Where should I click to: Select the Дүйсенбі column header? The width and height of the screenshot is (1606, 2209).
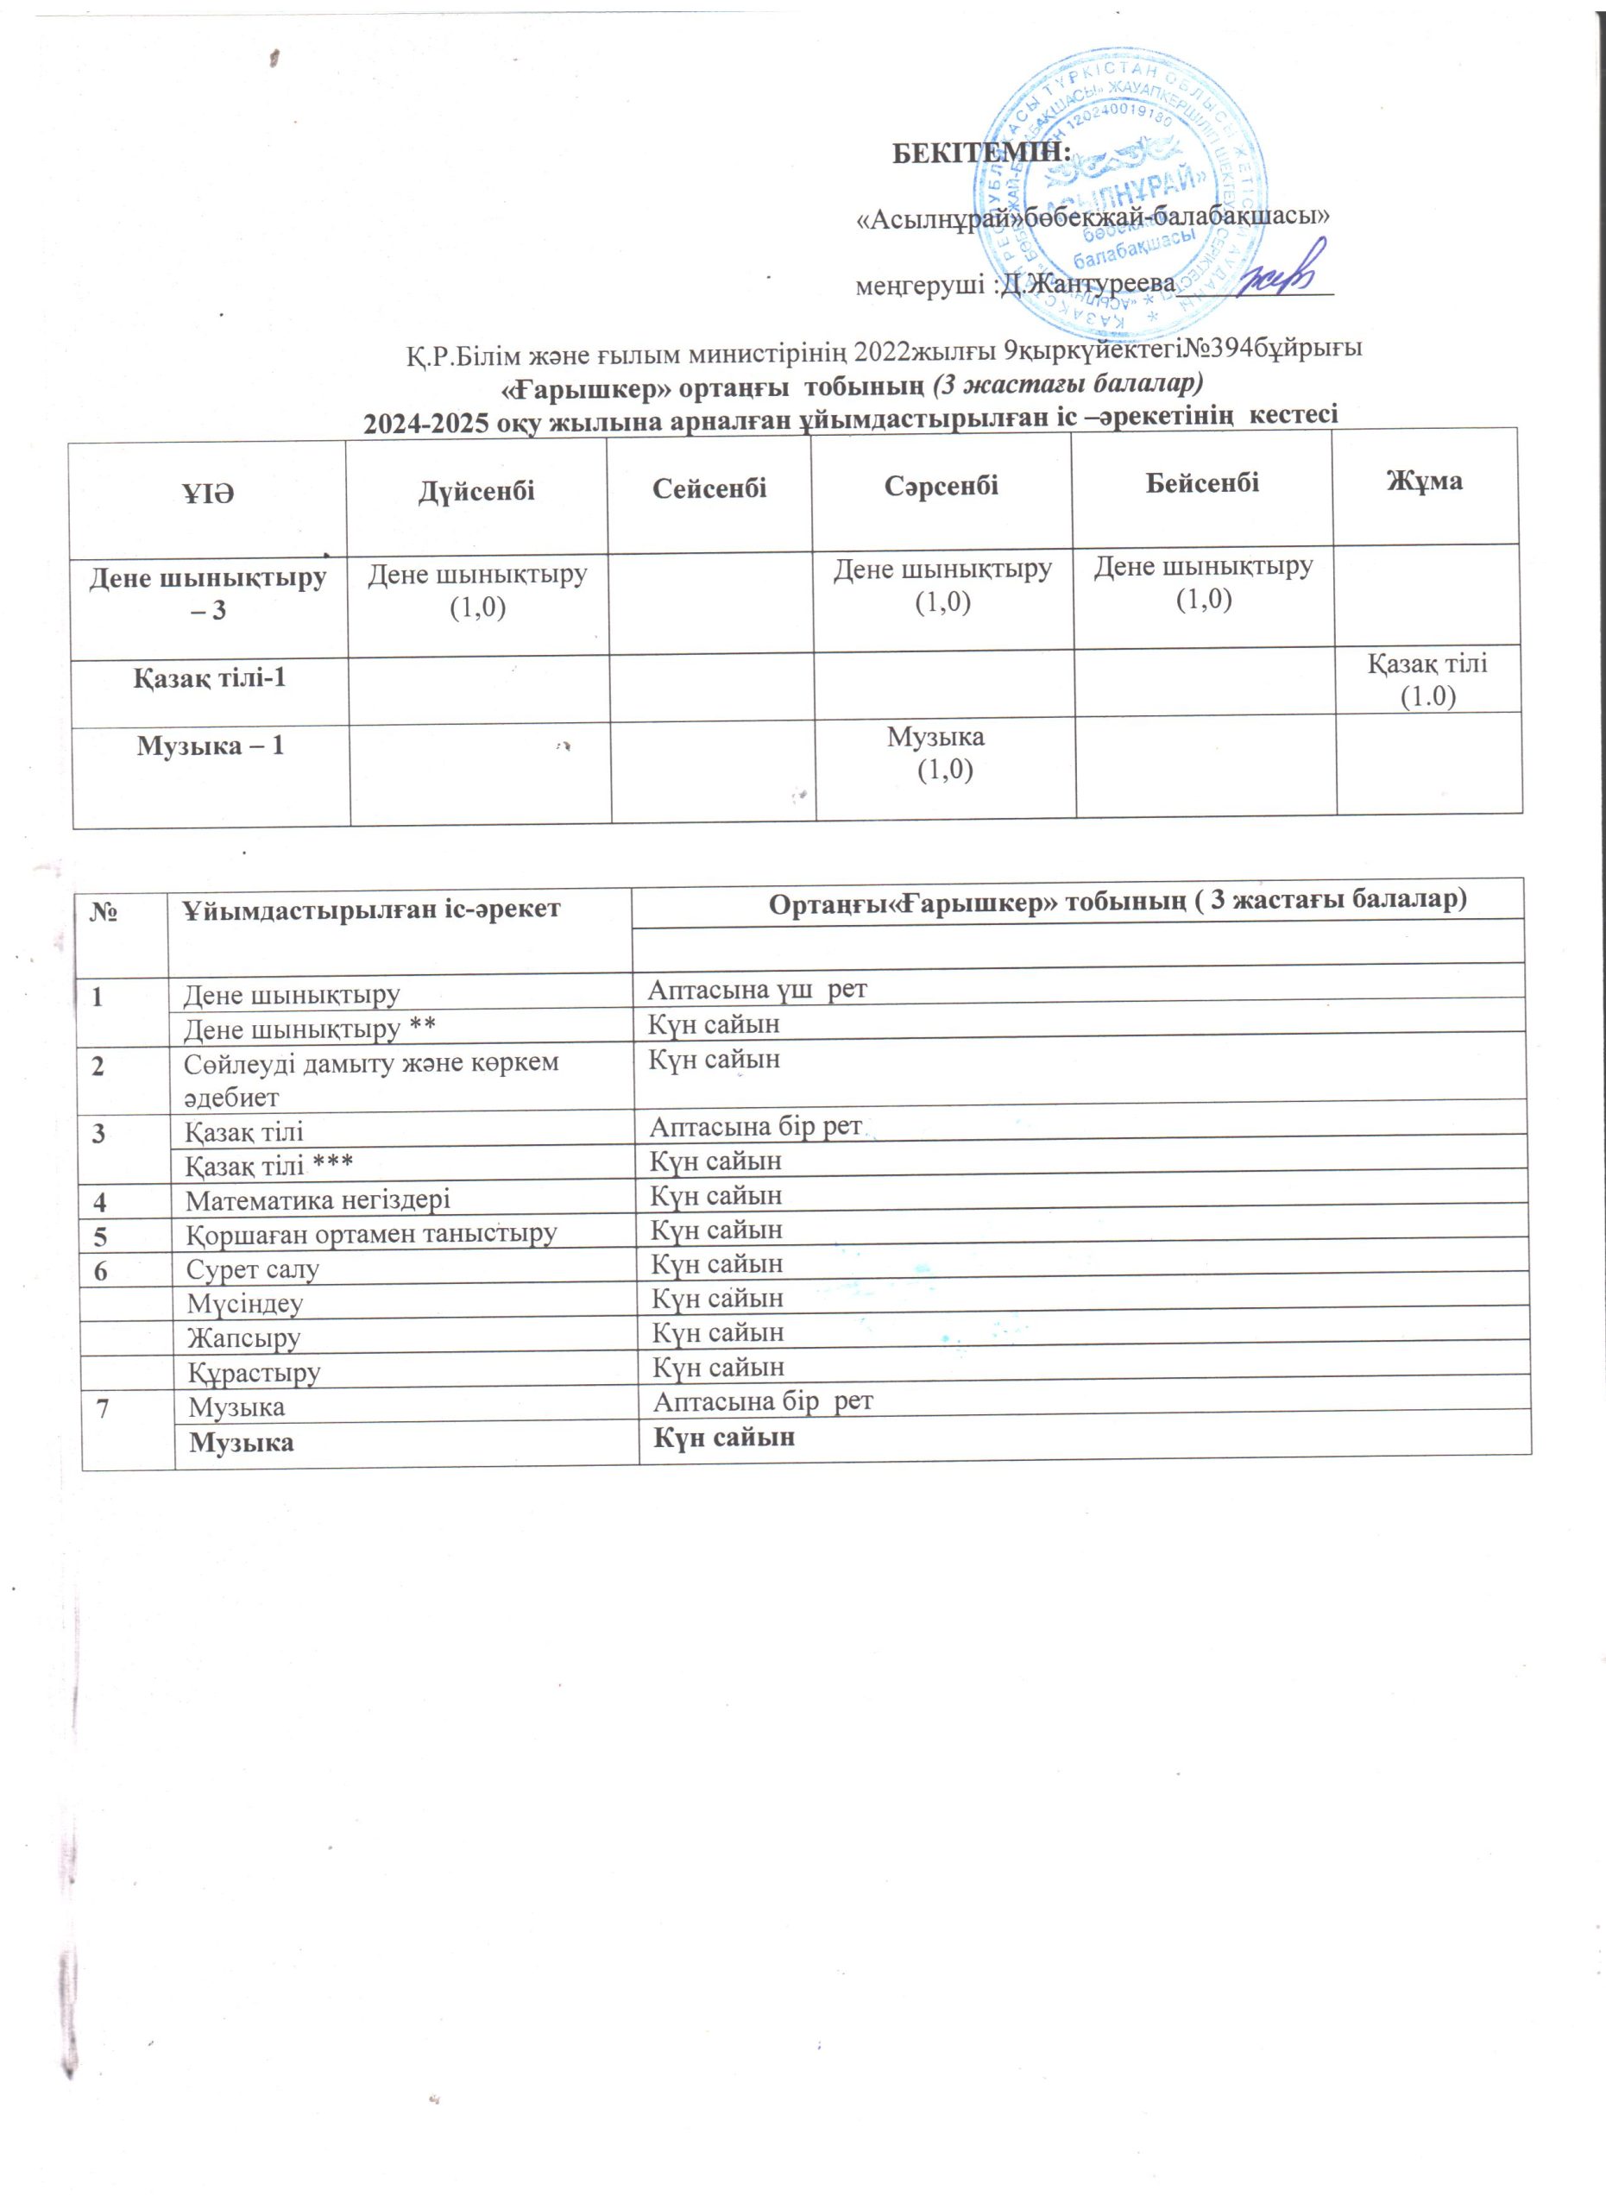click(476, 491)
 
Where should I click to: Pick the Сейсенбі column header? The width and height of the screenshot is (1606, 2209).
click(709, 488)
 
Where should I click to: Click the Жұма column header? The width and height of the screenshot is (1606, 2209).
click(1424, 481)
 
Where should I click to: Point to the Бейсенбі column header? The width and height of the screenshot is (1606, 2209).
click(1202, 483)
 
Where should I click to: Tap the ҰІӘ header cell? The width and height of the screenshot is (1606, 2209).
click(209, 494)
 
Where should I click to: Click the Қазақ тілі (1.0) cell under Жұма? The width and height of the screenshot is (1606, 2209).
click(1427, 680)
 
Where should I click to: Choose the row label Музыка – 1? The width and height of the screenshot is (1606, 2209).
click(211, 746)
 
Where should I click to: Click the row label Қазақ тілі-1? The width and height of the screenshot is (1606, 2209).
click(210, 678)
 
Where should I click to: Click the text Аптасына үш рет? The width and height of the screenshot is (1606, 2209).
click(757, 990)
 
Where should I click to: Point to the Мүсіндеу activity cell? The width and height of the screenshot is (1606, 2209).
click(244, 1303)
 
